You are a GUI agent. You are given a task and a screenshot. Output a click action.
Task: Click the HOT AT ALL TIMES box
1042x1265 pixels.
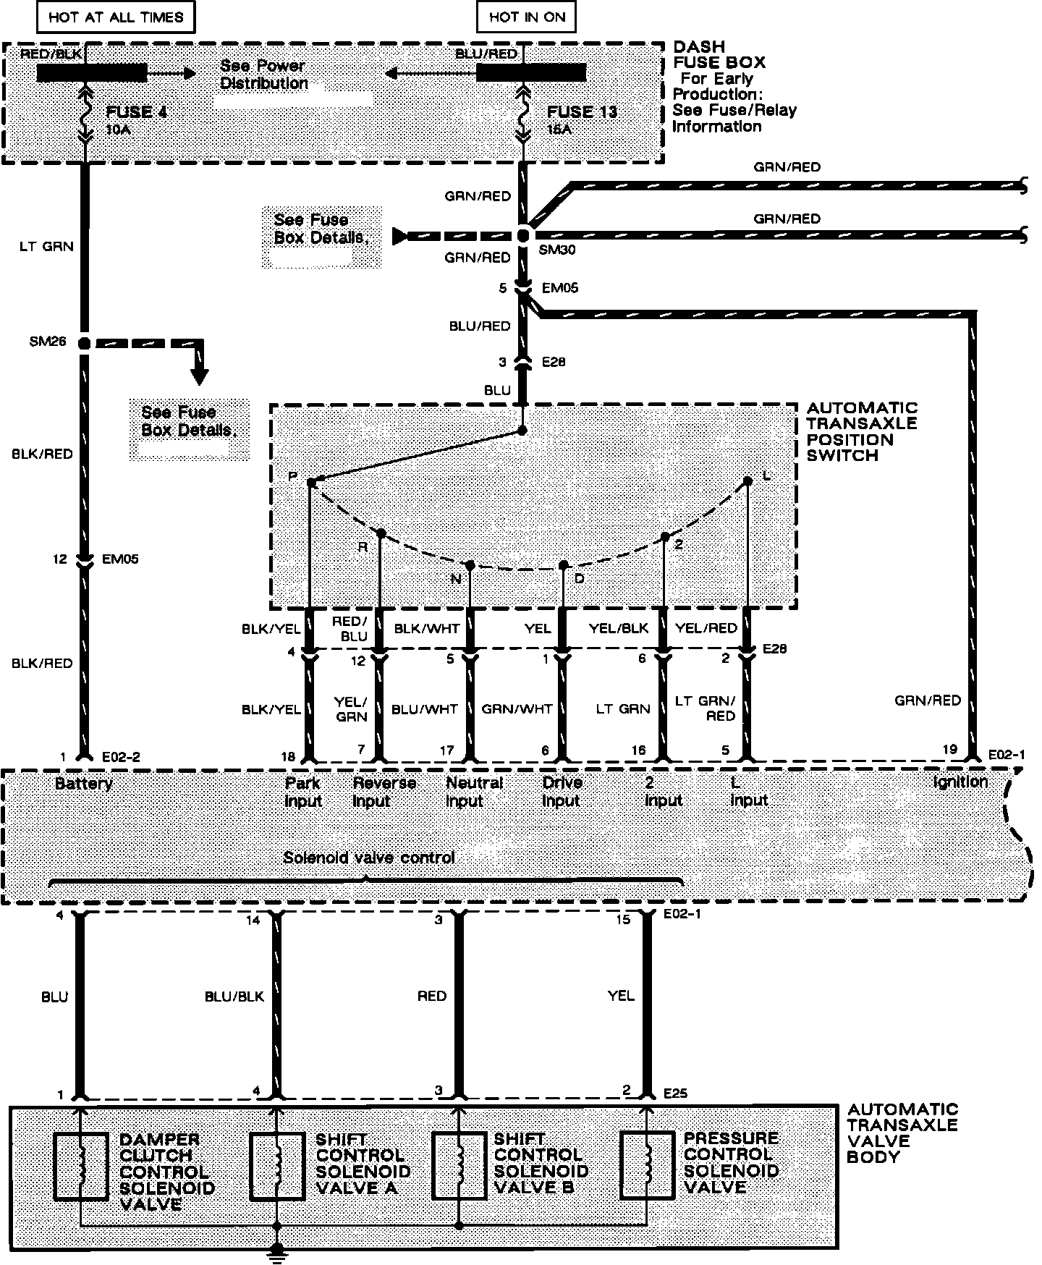tap(116, 17)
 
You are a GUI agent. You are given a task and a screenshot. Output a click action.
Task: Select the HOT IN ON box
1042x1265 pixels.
tap(527, 17)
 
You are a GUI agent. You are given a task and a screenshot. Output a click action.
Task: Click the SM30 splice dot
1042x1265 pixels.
tap(524, 235)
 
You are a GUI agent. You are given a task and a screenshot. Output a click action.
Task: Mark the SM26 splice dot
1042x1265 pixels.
tap(84, 343)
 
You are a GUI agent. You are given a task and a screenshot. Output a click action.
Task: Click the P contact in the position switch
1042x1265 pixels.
tap(310, 481)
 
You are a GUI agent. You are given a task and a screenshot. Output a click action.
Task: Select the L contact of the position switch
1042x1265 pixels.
tap(748, 481)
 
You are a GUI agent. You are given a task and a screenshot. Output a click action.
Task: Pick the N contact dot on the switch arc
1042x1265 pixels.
tap(470, 565)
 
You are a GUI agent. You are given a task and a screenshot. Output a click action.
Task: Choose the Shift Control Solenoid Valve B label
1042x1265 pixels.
tap(541, 1164)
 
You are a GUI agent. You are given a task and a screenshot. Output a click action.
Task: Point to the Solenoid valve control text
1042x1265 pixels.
tap(369, 858)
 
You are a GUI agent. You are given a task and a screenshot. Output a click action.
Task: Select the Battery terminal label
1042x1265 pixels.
tap(84, 784)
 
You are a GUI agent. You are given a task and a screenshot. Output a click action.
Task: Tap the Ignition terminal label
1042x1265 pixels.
tap(960, 782)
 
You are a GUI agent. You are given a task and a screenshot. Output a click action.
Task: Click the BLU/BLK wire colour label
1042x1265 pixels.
tap(234, 997)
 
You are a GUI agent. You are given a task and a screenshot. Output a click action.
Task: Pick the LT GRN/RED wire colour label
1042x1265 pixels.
tap(705, 708)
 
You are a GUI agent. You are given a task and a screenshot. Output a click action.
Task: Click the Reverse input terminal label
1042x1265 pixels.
tap(384, 792)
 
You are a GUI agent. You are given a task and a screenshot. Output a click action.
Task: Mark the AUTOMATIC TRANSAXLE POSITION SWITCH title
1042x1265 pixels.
tap(862, 431)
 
